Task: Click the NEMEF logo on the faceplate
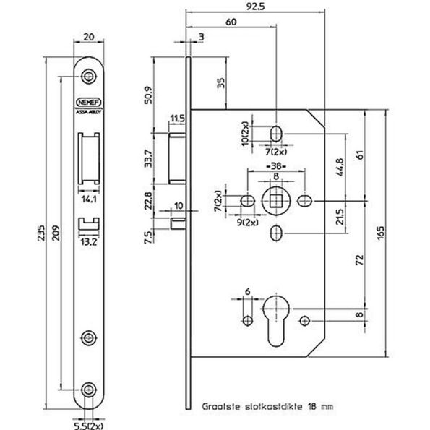[x=88, y=103]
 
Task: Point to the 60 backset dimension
[x=231, y=22]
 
